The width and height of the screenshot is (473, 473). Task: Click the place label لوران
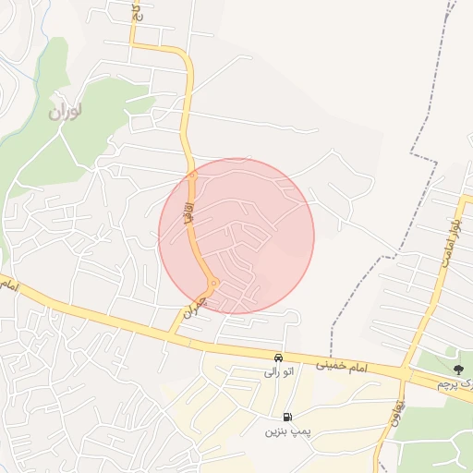click(x=67, y=112)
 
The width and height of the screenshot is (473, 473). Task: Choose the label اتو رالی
click(x=278, y=373)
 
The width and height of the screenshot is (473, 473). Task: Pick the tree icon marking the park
click(x=458, y=370)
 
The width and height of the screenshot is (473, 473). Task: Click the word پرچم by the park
click(x=447, y=382)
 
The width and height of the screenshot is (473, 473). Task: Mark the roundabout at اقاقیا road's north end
click(x=192, y=174)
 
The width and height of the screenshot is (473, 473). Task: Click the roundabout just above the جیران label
click(x=213, y=283)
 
